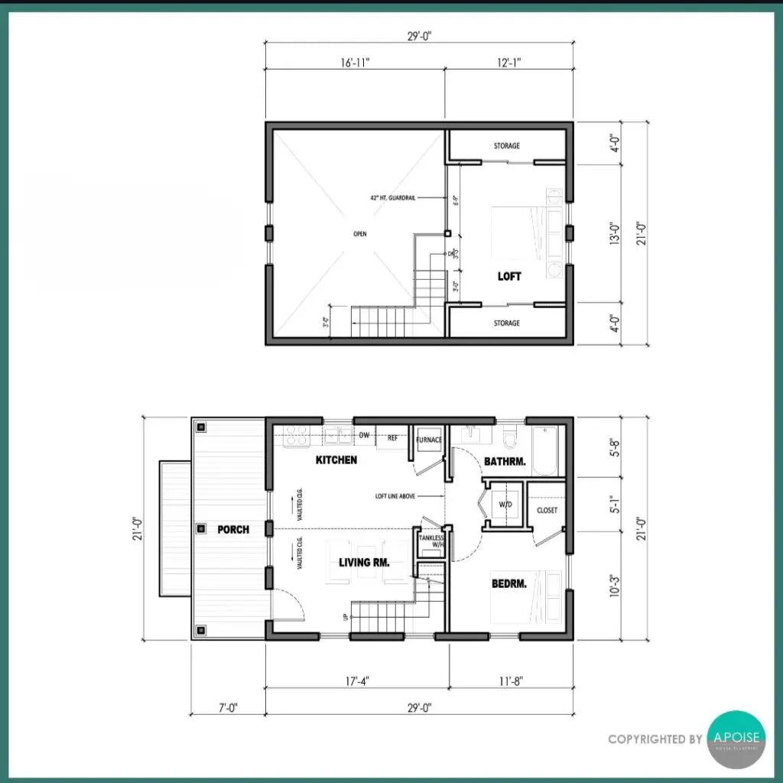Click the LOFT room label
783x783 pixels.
(x=509, y=276)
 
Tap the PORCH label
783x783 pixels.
(x=232, y=529)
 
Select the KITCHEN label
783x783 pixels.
(x=336, y=460)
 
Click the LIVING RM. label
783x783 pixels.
(x=365, y=562)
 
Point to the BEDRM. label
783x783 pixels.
(x=508, y=584)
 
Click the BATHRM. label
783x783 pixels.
(x=505, y=461)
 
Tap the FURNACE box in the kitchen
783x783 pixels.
(x=429, y=440)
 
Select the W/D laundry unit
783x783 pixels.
(x=505, y=505)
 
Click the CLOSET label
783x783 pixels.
(x=547, y=510)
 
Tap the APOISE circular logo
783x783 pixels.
(x=736, y=739)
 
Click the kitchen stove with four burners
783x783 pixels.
(x=296, y=436)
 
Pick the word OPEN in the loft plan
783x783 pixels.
(x=360, y=235)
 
